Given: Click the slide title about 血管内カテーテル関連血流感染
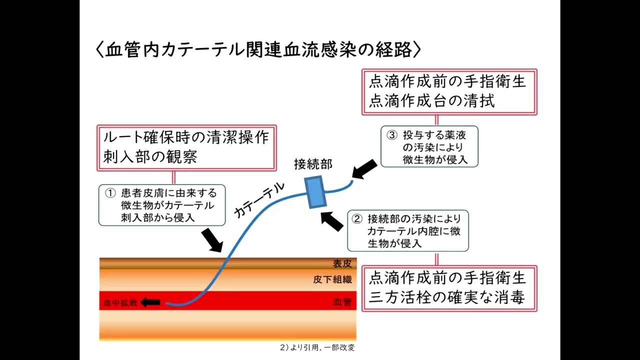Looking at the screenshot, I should [x=258, y=49].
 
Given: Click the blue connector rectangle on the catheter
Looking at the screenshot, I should [x=315, y=191].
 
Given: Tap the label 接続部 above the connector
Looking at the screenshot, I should [x=312, y=164].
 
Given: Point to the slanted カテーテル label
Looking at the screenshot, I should [x=259, y=200].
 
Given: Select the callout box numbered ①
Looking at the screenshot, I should [x=161, y=205].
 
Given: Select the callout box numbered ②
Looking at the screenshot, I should [x=408, y=230].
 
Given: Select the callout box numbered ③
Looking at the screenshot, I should [x=429, y=146].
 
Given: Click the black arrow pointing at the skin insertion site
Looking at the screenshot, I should [x=212, y=240].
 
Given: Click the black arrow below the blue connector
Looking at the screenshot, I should [x=332, y=220].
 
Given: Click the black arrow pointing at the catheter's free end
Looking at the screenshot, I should [x=364, y=169].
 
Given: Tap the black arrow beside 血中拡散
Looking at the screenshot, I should [x=150, y=302].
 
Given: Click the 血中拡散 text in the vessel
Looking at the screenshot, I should [x=120, y=302].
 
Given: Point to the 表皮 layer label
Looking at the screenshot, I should [x=342, y=264].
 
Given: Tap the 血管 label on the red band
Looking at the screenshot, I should [x=342, y=302].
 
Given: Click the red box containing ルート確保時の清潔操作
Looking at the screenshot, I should [x=186, y=147].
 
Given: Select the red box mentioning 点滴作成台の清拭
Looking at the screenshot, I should [x=449, y=92].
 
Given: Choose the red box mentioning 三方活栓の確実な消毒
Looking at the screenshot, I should [x=449, y=288].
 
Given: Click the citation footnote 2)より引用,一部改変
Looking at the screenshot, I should [x=317, y=347].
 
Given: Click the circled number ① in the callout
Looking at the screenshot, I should [x=110, y=193].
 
